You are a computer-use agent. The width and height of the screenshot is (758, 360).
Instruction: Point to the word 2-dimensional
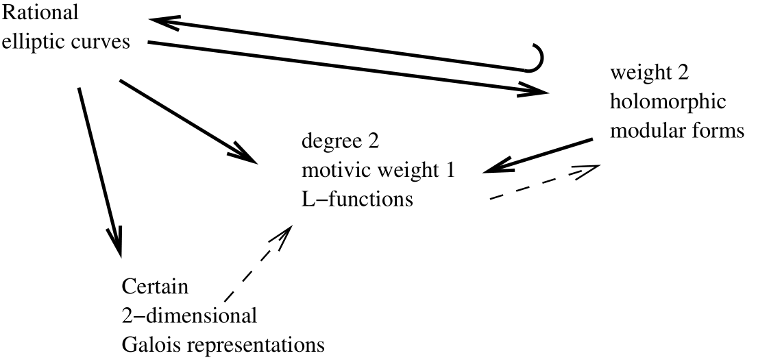tap(188, 315)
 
